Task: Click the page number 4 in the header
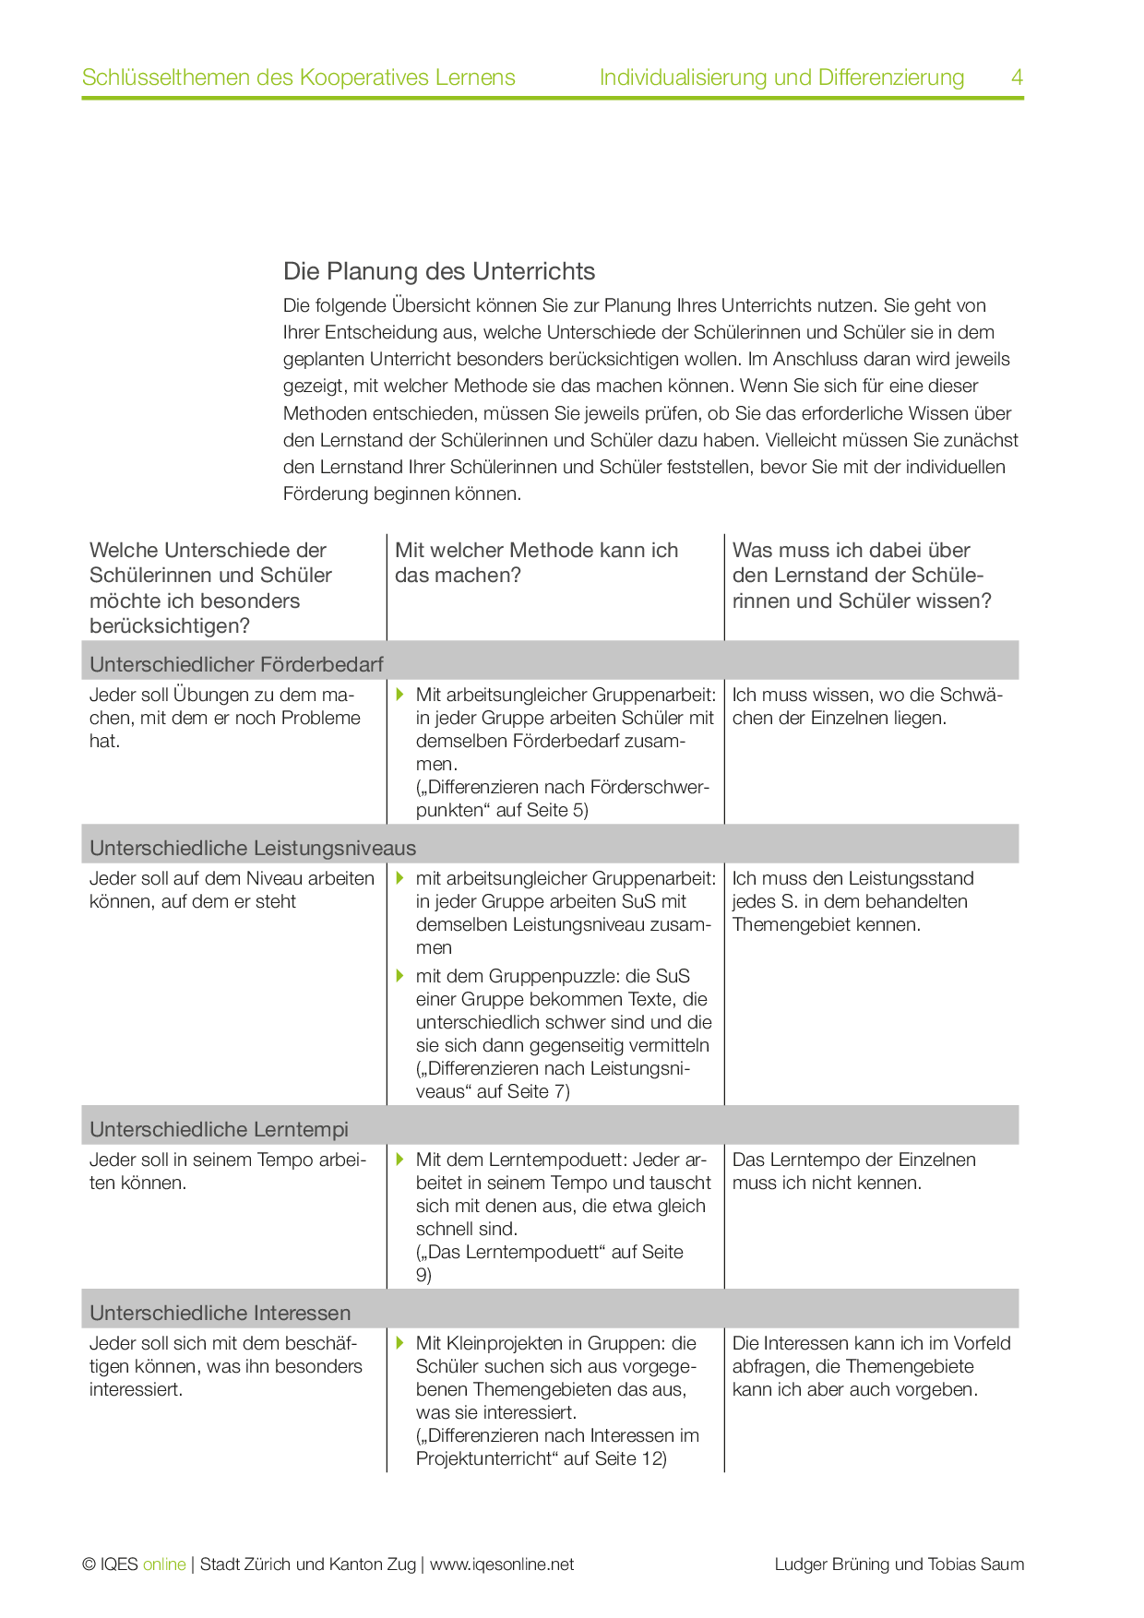(x=1017, y=77)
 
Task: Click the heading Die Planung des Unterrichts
(x=439, y=271)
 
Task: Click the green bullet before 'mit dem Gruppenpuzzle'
(x=400, y=975)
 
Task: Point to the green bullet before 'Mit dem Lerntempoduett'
(x=400, y=1159)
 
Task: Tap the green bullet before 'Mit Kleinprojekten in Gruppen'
(x=400, y=1342)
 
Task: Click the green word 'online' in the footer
(x=164, y=1564)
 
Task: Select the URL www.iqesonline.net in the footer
(x=502, y=1564)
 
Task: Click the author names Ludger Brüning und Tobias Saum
(x=899, y=1564)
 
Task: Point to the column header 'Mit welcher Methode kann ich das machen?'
(x=536, y=563)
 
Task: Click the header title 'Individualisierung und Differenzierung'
(x=781, y=77)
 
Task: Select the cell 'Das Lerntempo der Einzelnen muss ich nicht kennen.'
(x=853, y=1171)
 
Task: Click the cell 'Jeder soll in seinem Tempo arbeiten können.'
(x=227, y=1171)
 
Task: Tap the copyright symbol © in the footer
(x=89, y=1564)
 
